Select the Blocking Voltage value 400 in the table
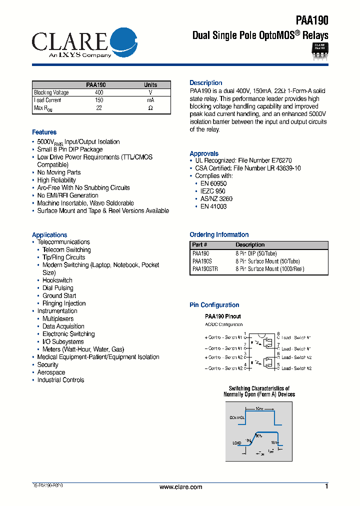99,92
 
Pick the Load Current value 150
99,100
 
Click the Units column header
150,85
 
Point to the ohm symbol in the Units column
150,108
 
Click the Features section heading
44,132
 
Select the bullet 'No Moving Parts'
58,172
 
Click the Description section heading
205,83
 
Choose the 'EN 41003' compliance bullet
213,206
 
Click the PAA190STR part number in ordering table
205,269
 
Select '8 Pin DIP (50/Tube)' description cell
256,253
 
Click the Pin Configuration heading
214,305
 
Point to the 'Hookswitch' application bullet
57,280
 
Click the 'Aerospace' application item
51,372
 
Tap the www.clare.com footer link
180,487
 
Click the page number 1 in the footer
326,486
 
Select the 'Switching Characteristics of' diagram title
259,388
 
